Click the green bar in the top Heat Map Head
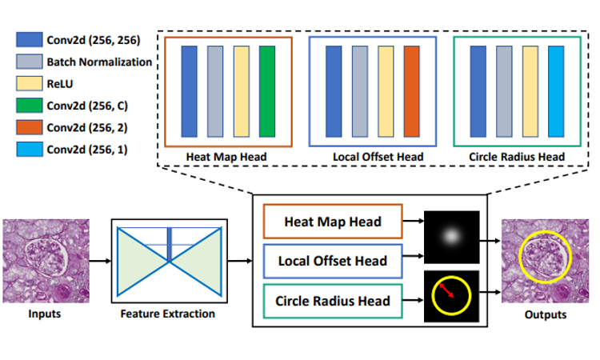point(267,92)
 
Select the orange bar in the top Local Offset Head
point(411,92)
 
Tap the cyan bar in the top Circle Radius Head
point(556,92)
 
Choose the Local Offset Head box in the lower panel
point(333,261)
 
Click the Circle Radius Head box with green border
point(333,301)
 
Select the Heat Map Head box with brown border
point(333,221)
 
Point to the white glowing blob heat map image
point(450,235)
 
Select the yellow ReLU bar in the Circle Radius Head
point(530,92)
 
